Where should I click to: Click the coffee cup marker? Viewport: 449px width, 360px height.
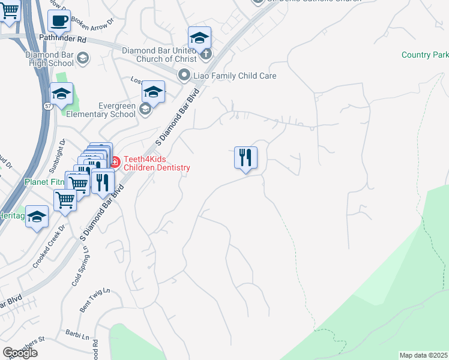coord(59,21)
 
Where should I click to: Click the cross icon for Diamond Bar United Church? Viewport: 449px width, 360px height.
coord(205,53)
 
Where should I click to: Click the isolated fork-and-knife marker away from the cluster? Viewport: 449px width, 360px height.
coord(246,158)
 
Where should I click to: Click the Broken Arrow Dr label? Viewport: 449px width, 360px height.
coord(92,23)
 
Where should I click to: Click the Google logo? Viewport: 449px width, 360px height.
coord(20,353)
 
